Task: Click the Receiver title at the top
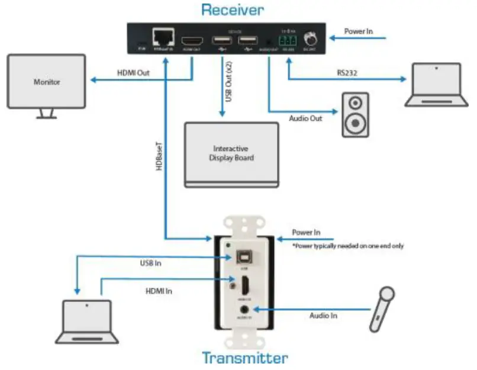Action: click(232, 9)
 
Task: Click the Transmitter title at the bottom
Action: click(244, 358)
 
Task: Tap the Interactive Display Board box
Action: click(231, 153)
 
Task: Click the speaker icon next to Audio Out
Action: click(355, 115)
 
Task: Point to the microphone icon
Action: click(382, 308)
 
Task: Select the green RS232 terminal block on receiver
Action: click(288, 40)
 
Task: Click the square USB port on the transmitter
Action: click(244, 259)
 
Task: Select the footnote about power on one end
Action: click(348, 245)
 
